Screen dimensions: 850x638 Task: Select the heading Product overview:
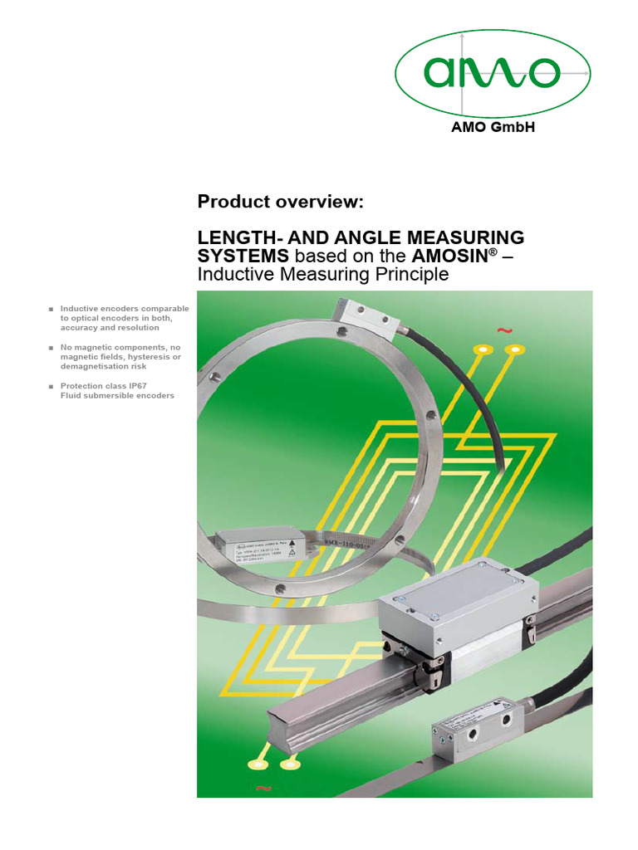click(280, 203)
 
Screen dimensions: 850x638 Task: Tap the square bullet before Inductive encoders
click(52, 309)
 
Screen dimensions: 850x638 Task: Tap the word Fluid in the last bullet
click(71, 395)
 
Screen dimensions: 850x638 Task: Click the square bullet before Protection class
click(52, 386)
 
